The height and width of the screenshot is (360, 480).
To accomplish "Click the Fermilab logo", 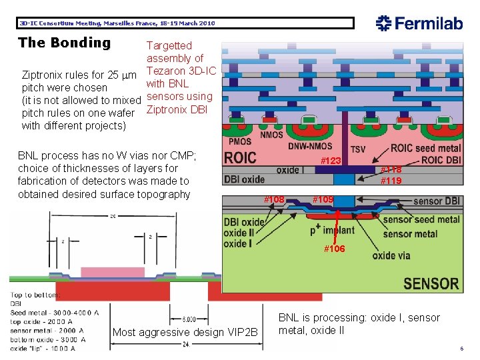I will (x=419, y=23).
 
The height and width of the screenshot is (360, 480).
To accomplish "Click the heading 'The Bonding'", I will (x=65, y=43).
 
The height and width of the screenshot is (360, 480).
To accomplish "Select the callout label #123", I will (x=331, y=161).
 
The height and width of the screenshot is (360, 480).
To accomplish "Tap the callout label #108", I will (x=274, y=199).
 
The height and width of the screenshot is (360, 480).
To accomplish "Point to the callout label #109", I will (x=323, y=199).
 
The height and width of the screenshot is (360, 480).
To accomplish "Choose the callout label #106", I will (x=334, y=249).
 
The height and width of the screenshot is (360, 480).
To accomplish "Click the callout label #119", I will (x=391, y=181).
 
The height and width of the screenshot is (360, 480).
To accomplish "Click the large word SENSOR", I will (x=431, y=283).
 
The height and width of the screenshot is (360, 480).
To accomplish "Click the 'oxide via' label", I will (x=391, y=255).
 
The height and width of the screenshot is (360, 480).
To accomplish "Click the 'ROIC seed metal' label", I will (x=425, y=148).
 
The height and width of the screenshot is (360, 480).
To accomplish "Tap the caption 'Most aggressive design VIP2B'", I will (x=185, y=333).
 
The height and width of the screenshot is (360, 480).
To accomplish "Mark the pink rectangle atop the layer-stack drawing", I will (x=103, y=272).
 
